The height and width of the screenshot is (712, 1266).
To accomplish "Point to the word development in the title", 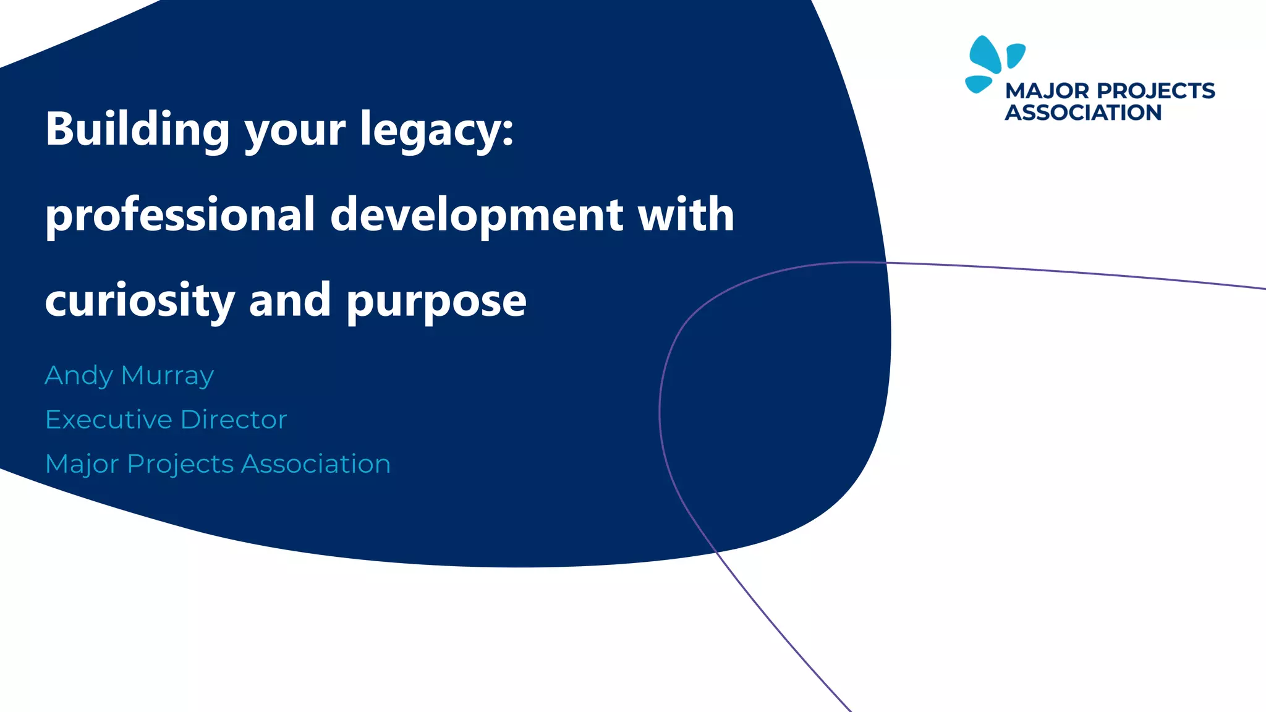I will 477,214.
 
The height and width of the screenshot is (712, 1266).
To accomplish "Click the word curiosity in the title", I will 140,300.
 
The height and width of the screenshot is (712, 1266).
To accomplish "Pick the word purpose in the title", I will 436,302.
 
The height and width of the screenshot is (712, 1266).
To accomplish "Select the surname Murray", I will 168,376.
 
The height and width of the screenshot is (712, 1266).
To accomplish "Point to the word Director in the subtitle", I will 234,420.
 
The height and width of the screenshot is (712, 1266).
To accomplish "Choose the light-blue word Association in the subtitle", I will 316,464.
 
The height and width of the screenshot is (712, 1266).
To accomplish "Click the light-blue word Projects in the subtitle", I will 181,464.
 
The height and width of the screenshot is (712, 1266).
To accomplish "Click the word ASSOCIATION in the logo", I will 1083,112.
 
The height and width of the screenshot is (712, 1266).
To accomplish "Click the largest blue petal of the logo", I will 985,54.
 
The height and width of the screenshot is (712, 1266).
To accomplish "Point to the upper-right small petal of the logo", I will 1015,54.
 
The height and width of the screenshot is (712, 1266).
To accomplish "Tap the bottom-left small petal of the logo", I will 978,83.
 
